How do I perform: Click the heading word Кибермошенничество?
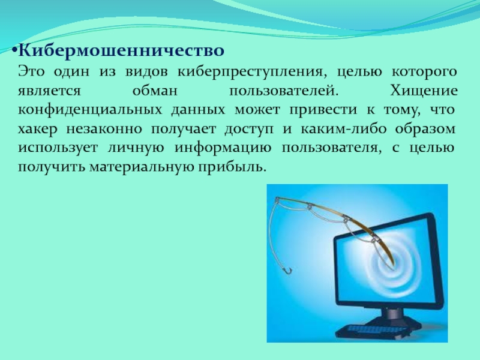coord(121,50)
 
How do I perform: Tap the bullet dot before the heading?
coord(14,50)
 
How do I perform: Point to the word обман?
coord(155,91)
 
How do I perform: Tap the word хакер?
coord(38,129)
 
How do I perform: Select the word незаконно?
coord(104,129)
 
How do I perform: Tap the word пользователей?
coord(284,91)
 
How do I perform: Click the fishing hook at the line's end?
coord(288,271)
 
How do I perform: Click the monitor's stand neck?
coord(392,313)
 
